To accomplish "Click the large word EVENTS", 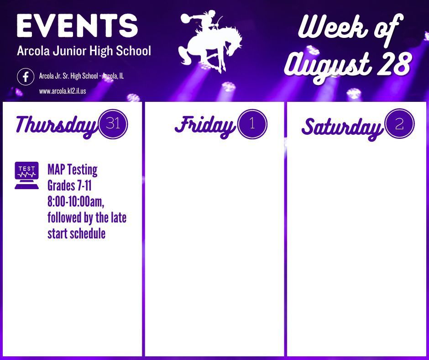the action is (77, 26).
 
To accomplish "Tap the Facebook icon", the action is (26, 77).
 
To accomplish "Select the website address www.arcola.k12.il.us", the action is (63, 91).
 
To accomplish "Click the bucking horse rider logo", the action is (210, 41).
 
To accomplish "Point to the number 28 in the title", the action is (394, 64).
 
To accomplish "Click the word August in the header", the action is (328, 66).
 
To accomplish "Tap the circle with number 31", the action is (113, 124).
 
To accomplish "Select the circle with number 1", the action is (252, 124).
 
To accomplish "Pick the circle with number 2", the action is (399, 124).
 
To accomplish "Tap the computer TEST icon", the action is (26, 175).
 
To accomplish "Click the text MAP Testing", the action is (73, 169).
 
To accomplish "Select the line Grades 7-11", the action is (69, 185).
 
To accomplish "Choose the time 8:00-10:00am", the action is (76, 201).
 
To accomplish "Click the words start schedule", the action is (77, 233).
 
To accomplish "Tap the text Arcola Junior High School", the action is (84, 51).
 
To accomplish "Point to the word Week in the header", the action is (333, 27).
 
